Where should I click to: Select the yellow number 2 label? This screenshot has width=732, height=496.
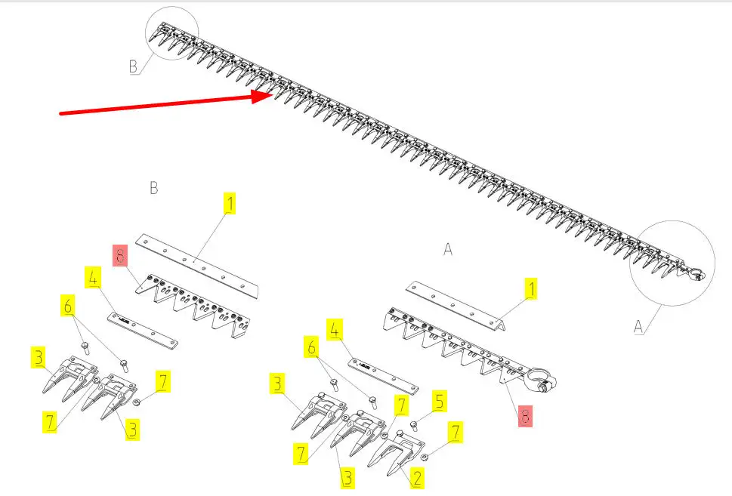pyautogui.click(x=416, y=478)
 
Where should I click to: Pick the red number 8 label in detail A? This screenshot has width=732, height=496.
pyautogui.click(x=524, y=416)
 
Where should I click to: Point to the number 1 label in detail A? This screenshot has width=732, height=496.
pyautogui.click(x=531, y=288)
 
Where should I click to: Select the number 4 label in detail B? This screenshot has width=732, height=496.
pyautogui.click(x=91, y=276)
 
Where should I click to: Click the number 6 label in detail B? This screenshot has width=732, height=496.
pyautogui.click(x=68, y=306)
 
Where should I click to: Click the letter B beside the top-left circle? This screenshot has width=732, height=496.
pyautogui.click(x=134, y=66)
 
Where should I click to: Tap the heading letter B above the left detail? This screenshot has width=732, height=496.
pyautogui.click(x=153, y=187)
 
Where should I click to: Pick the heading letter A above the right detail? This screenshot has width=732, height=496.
pyautogui.click(x=448, y=248)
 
